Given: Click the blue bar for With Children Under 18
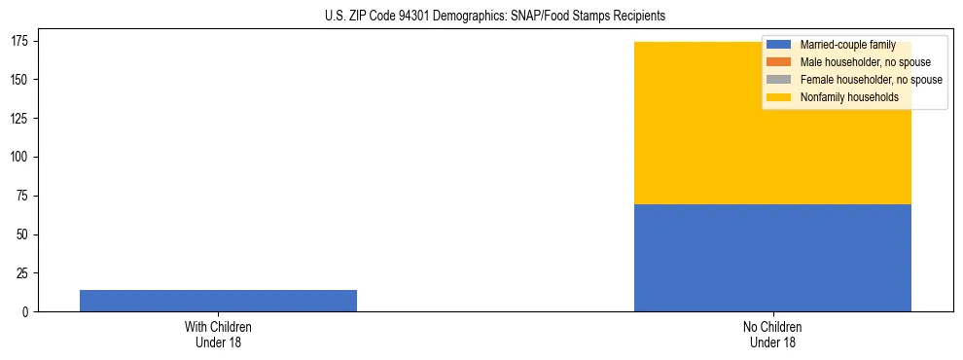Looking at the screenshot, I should pos(218,301).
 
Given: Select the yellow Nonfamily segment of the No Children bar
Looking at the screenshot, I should pos(772,146).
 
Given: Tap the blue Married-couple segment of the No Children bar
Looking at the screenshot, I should pos(772,258).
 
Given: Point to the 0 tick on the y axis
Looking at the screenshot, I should pos(26,312).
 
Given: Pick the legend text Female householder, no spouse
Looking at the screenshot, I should pos(871,80).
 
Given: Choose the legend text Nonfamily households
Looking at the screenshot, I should pos(848,96).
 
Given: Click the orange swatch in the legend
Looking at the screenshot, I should pos(778,62).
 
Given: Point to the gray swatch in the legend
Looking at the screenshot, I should pos(778,80).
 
